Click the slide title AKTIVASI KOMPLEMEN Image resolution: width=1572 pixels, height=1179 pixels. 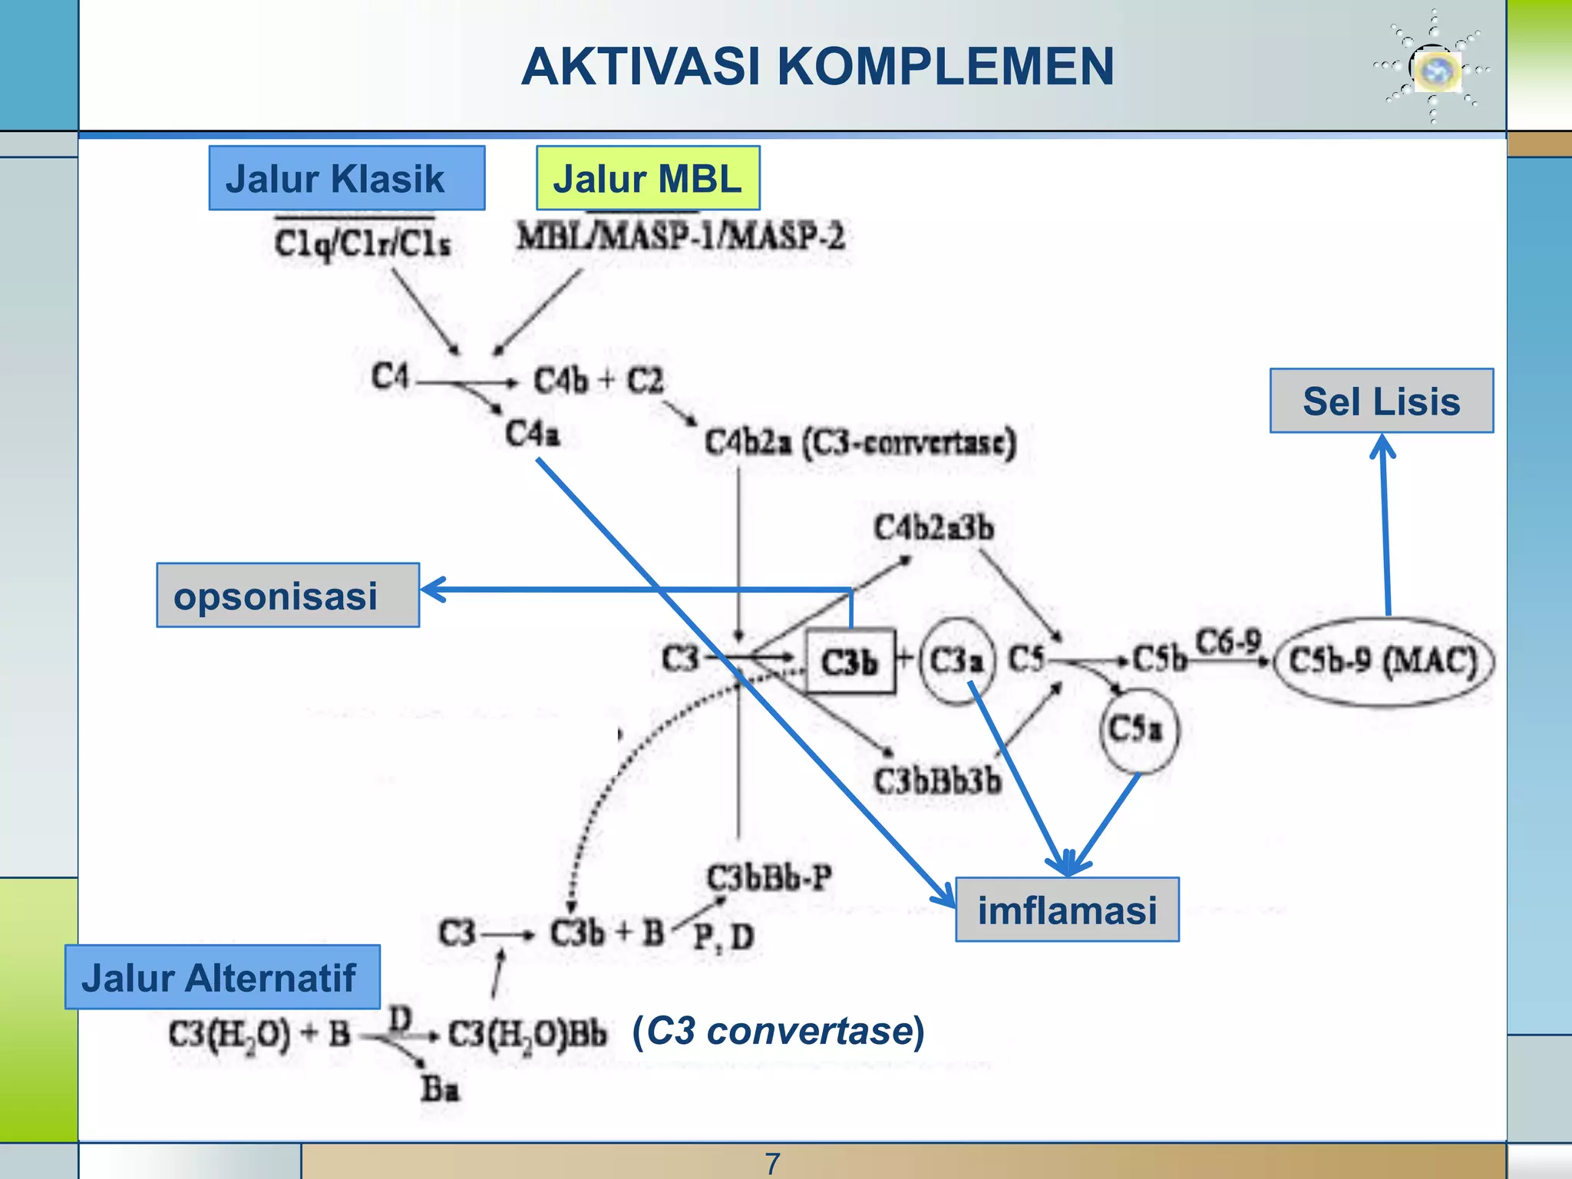[817, 67]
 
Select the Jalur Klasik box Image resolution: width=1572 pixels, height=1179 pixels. [346, 178]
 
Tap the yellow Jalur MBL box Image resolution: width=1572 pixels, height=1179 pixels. [648, 178]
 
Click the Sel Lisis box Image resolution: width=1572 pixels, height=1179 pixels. [1381, 401]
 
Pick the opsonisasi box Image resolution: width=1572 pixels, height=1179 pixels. [288, 596]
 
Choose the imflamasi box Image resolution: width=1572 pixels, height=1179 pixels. [1067, 910]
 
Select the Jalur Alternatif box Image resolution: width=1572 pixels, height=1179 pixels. [222, 977]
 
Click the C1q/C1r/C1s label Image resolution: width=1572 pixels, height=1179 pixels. [362, 243]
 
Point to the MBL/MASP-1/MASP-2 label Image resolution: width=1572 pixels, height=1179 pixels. [680, 236]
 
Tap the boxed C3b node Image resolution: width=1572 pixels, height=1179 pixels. [850, 661]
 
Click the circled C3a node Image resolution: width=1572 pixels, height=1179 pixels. [956, 660]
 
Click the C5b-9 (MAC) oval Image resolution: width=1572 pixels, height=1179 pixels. [1383, 661]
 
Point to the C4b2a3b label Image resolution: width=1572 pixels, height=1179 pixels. [933, 528]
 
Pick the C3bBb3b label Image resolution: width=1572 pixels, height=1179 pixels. [938, 781]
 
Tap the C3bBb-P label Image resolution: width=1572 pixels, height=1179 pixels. [769, 877]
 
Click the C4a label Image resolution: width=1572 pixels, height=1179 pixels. [532, 434]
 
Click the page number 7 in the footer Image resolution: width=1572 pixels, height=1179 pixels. [772, 1164]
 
